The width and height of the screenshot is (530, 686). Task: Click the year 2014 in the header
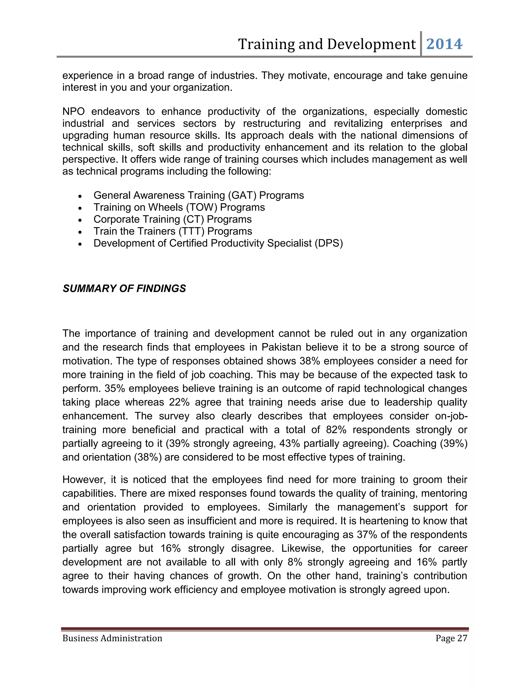[x=444, y=44]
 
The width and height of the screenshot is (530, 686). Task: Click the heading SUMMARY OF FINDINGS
[x=124, y=288]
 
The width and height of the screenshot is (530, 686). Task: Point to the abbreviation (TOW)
[x=202, y=207]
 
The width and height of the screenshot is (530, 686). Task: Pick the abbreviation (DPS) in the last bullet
[x=329, y=243]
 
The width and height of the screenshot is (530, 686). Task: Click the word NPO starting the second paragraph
[x=73, y=112]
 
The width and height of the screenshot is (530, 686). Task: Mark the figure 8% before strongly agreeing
[x=295, y=562]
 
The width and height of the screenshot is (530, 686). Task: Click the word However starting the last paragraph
[x=82, y=480]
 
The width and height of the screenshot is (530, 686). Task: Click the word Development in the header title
[x=371, y=44]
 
